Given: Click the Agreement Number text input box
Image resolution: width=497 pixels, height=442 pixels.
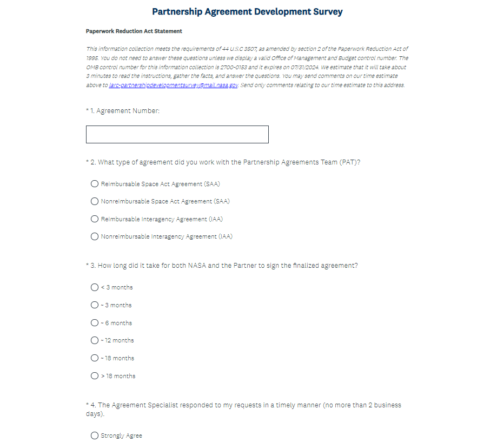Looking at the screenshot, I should click(x=177, y=135).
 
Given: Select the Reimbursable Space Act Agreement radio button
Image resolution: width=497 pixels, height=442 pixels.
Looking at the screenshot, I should click(x=95, y=184).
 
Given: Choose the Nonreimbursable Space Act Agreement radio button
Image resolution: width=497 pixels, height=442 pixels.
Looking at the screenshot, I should click(x=95, y=201).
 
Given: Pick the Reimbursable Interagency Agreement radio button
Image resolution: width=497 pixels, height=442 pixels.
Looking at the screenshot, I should click(x=95, y=219).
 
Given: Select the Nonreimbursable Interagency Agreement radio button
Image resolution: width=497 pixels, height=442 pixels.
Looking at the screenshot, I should click(x=95, y=236).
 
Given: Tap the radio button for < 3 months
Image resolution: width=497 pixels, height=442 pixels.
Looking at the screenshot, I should click(x=95, y=287).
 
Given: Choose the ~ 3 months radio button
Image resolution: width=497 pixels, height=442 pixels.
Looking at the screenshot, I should click(x=95, y=305).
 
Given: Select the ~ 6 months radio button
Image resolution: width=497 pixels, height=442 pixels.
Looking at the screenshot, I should click(x=95, y=323).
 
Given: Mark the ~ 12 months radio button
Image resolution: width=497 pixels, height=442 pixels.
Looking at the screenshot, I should click(x=95, y=340).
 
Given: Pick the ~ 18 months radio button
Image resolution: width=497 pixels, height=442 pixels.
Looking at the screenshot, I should click(x=95, y=358).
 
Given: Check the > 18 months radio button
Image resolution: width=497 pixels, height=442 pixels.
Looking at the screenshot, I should click(x=95, y=376).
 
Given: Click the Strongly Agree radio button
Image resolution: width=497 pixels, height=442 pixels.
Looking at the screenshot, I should click(x=95, y=436).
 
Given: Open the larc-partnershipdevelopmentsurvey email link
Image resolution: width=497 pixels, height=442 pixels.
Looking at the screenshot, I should click(x=173, y=85).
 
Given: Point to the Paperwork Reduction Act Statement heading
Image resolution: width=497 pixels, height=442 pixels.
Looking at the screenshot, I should click(x=134, y=31).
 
